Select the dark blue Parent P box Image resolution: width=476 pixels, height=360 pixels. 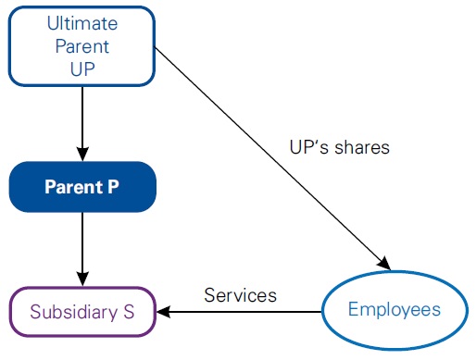82,186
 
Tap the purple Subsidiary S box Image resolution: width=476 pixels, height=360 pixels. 82,310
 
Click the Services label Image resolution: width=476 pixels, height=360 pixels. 240,295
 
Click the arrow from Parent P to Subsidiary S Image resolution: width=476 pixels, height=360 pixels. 82,246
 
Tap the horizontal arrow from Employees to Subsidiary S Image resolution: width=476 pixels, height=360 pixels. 241,311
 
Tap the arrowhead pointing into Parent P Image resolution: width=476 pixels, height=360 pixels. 82,153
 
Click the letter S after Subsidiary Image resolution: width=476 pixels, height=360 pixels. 130,311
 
